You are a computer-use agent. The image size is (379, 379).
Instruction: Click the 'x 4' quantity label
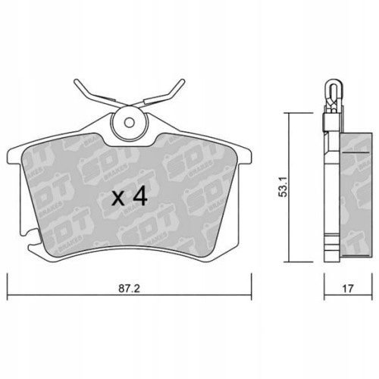(x=128, y=199)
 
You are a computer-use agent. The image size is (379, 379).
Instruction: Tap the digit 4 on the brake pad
(x=139, y=199)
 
